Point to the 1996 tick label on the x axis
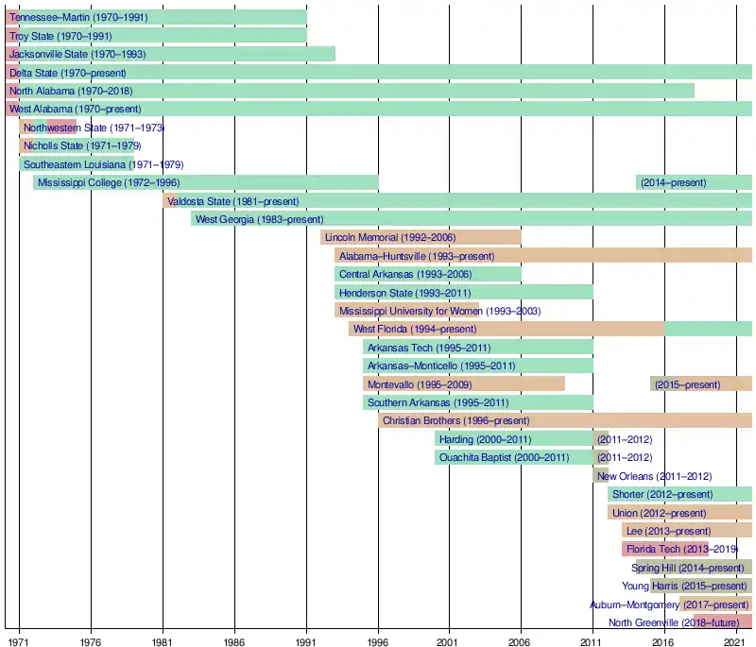click(x=378, y=640)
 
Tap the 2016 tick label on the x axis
click(x=664, y=640)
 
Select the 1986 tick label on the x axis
click(x=234, y=640)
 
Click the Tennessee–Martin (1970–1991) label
click(x=78, y=17)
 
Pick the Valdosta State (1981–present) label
click(x=232, y=201)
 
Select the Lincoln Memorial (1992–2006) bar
click(x=421, y=237)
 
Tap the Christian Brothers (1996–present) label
click(x=456, y=420)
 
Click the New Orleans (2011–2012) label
click(x=654, y=476)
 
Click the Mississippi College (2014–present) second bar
click(x=695, y=182)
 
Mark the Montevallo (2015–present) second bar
click(x=701, y=384)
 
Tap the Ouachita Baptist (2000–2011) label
click(x=504, y=458)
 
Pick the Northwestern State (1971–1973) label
click(x=94, y=128)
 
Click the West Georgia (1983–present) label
click(x=260, y=219)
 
